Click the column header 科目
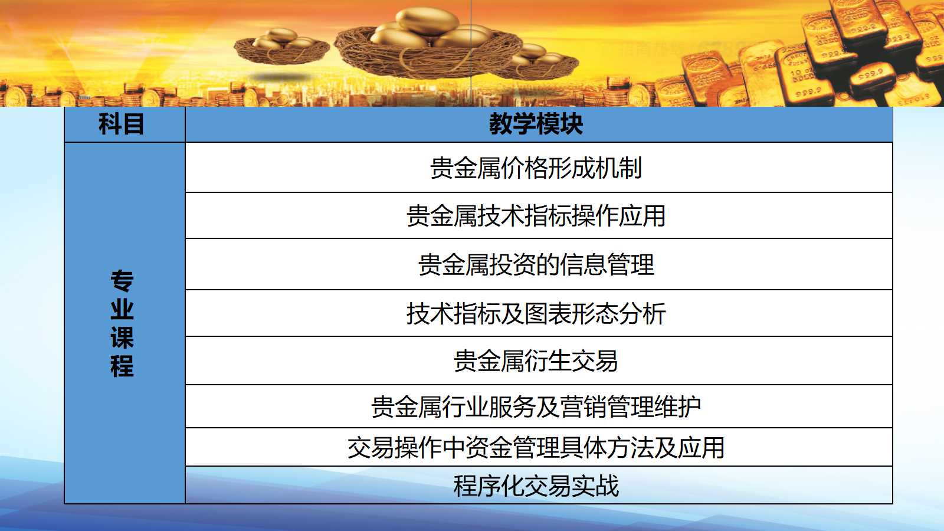click(x=122, y=124)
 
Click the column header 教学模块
click(x=536, y=124)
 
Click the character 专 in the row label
click(x=122, y=281)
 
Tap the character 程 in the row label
click(x=122, y=366)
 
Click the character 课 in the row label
click(x=122, y=337)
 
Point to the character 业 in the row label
click(x=122, y=309)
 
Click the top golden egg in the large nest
click(x=427, y=21)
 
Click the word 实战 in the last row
click(x=595, y=486)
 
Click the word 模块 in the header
click(x=560, y=124)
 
